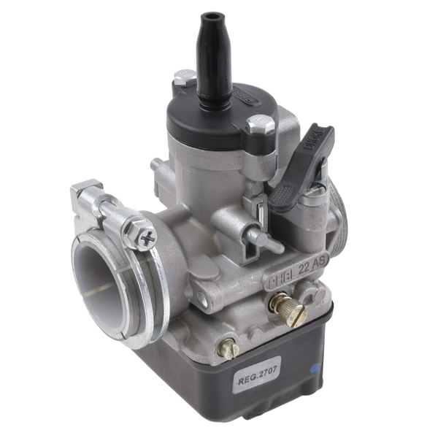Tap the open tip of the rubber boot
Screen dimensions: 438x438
211,15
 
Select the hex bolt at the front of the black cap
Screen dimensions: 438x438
260,125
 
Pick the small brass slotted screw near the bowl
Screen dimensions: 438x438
228,349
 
